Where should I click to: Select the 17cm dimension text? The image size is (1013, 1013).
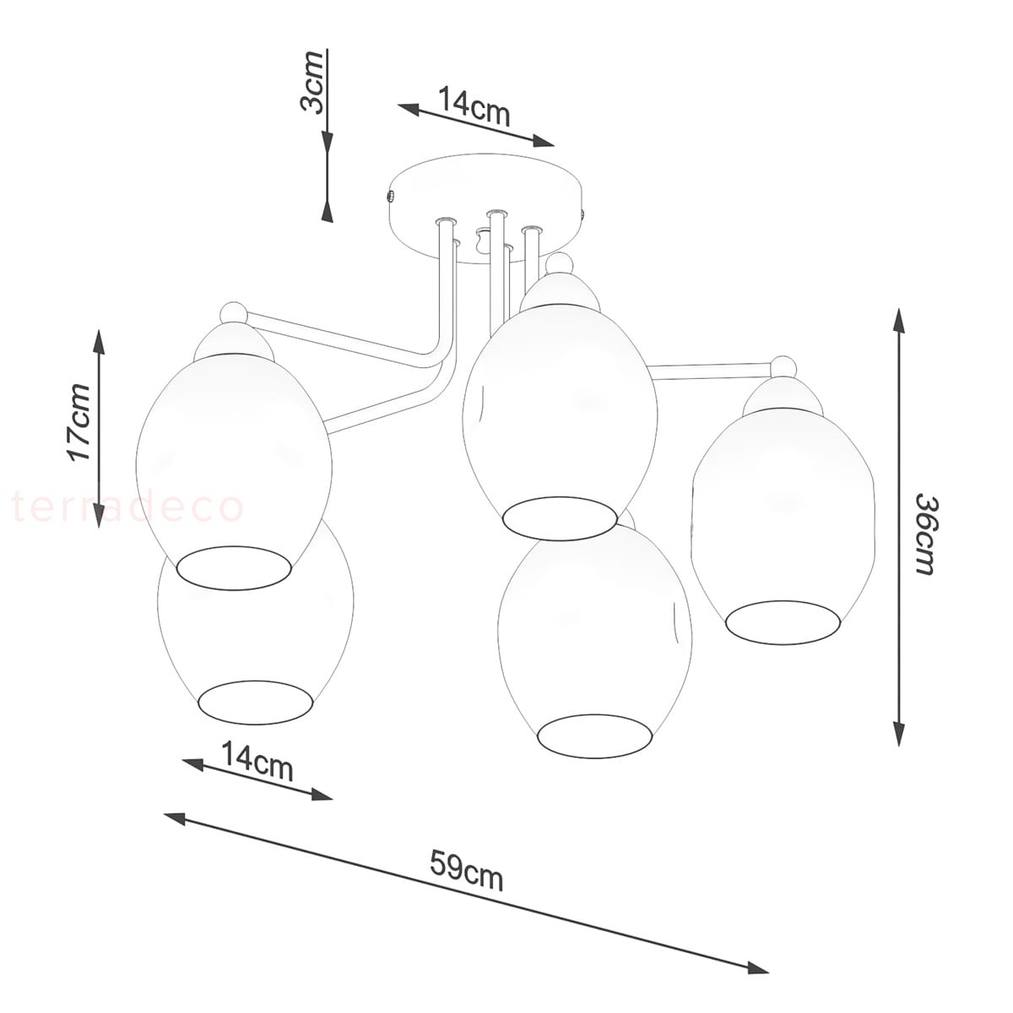[80, 422]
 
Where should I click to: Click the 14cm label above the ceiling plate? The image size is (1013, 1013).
[474, 106]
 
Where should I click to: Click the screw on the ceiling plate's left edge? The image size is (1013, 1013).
[391, 197]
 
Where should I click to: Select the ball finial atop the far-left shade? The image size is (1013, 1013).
[235, 314]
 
